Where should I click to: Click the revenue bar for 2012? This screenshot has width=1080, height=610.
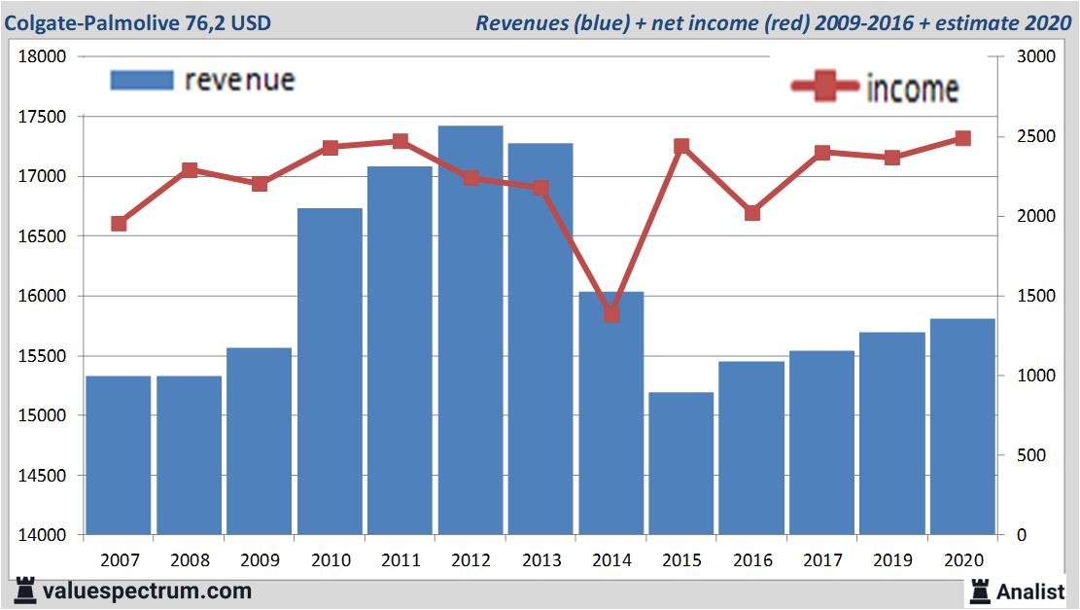click(470, 331)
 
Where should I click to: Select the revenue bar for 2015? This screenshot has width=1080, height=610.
click(681, 463)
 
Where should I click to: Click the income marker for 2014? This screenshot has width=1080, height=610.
click(611, 313)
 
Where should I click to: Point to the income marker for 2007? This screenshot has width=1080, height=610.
click(119, 224)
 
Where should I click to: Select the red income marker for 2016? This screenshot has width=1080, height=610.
click(752, 213)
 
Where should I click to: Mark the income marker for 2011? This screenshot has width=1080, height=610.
click(401, 141)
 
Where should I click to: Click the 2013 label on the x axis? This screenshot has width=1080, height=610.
click(541, 560)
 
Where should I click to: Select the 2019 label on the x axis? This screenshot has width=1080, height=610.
click(892, 560)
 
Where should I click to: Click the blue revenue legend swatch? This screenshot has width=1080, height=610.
click(141, 80)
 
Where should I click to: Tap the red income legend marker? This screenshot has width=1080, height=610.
click(824, 88)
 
